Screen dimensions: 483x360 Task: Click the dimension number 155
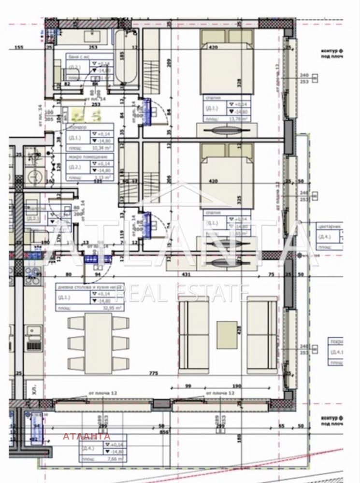(x=19, y=47)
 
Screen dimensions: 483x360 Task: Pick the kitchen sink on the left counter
(x=34, y=332)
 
